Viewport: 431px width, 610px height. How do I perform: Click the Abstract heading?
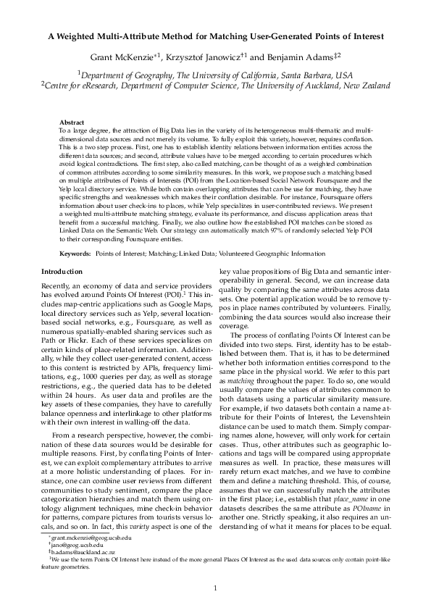pyautogui.click(x=72, y=123)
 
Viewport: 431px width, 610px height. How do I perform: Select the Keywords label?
pyautogui.click(x=75, y=254)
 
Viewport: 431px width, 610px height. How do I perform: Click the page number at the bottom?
pyautogui.click(x=215, y=588)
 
